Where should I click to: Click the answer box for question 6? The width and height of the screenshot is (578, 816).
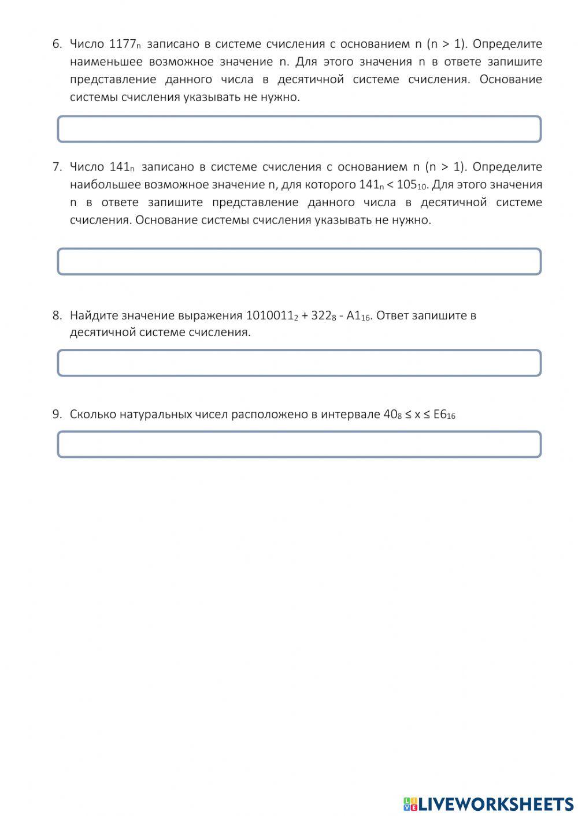coord(299,129)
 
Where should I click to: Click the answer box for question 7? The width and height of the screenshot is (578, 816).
coord(299,262)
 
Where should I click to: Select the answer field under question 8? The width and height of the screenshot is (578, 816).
coord(299,363)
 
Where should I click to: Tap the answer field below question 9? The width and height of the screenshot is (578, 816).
coord(299,444)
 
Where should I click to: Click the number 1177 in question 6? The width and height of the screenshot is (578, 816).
coord(122,44)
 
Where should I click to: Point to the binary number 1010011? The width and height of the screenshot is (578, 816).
coord(269,315)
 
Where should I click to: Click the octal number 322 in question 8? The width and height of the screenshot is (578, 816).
coord(321,315)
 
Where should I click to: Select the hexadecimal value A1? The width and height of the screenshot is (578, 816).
coord(354,315)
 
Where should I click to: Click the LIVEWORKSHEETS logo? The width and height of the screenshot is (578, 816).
coord(488,803)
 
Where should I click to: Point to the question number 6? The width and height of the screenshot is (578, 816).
coord(57,44)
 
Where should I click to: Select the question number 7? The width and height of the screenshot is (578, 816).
coord(57,167)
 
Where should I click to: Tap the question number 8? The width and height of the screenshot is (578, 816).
coord(57,315)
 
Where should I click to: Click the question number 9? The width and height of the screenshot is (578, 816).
coord(57,414)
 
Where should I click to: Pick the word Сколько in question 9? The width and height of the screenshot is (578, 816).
coord(93,414)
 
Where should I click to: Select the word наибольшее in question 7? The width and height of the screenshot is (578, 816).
coord(105,185)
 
